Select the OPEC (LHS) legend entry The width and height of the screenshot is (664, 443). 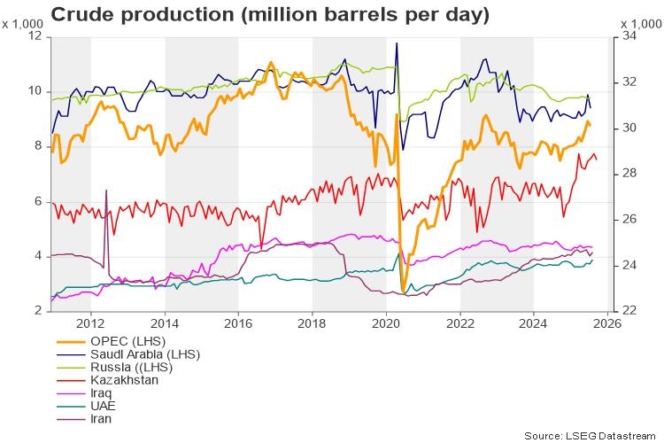coord(127,342)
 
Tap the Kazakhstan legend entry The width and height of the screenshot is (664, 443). coord(125,380)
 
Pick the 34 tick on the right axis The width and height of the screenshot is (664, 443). coord(629,36)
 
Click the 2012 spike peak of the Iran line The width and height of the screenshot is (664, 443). coord(106,190)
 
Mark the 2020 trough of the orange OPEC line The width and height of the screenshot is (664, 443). coord(404,291)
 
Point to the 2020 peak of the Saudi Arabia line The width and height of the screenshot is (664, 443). coord(396,43)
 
